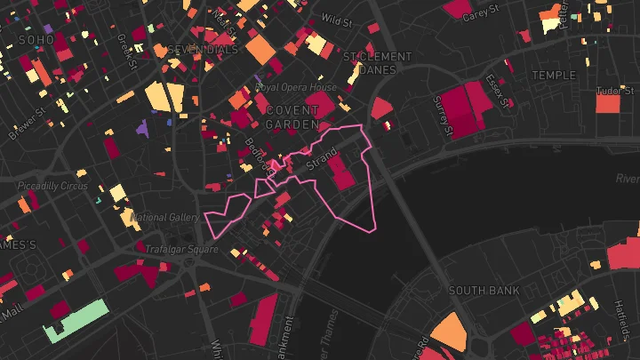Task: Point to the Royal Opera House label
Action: pyautogui.click(x=296, y=88)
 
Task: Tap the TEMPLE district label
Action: pyautogui.click(x=554, y=76)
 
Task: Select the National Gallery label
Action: pyautogui.click(x=164, y=217)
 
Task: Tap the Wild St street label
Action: pyautogui.click(x=337, y=19)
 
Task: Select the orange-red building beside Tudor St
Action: pyautogui.click(x=607, y=103)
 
